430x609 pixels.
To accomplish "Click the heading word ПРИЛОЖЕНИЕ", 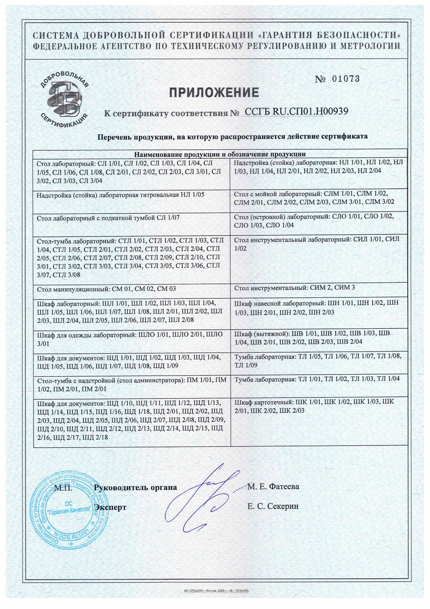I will tap(214, 93).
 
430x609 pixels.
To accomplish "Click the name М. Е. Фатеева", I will tap(273, 486).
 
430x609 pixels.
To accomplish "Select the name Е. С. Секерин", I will tap(273, 506).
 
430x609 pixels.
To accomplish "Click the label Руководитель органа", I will tap(135, 487).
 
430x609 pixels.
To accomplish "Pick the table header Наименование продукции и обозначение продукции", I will tap(220, 154).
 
